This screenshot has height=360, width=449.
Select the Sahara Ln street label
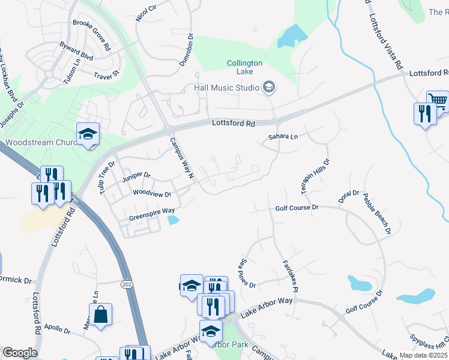point(282,137)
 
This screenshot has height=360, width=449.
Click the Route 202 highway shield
point(126,283)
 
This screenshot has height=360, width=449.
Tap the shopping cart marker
point(438,101)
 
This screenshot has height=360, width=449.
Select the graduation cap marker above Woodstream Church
point(88,133)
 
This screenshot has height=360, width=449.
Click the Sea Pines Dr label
point(248,271)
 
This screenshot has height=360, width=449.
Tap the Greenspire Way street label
point(151,211)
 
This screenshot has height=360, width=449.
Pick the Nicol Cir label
point(146,12)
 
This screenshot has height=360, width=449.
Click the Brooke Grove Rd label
point(91,35)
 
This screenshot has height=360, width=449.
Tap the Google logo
point(19,353)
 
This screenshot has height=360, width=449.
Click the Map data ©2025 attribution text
point(423,355)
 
